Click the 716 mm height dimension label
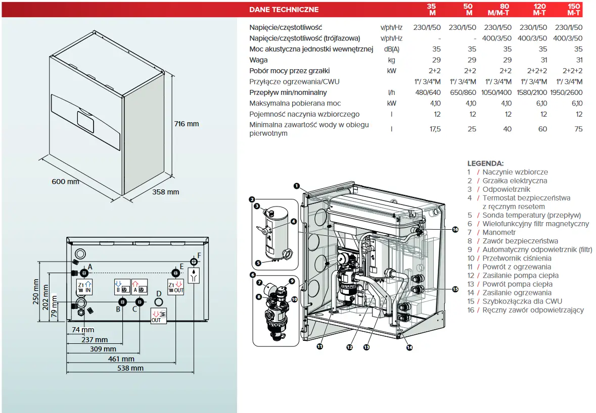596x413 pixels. [186, 124]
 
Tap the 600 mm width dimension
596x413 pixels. [65, 182]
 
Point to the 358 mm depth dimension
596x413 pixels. [165, 192]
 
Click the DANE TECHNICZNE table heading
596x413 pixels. [284, 9]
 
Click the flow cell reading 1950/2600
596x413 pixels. [569, 92]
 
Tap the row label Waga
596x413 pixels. [258, 60]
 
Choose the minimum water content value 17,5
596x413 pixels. [434, 129]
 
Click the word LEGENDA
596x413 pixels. [485, 163]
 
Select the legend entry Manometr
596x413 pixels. [499, 232]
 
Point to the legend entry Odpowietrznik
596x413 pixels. [506, 189]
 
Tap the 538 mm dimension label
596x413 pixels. [130, 368]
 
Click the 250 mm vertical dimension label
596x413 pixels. [36, 293]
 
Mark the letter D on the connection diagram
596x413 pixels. [158, 293]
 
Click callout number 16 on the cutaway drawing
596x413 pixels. [455, 230]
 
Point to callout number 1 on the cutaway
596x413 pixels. [297, 186]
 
